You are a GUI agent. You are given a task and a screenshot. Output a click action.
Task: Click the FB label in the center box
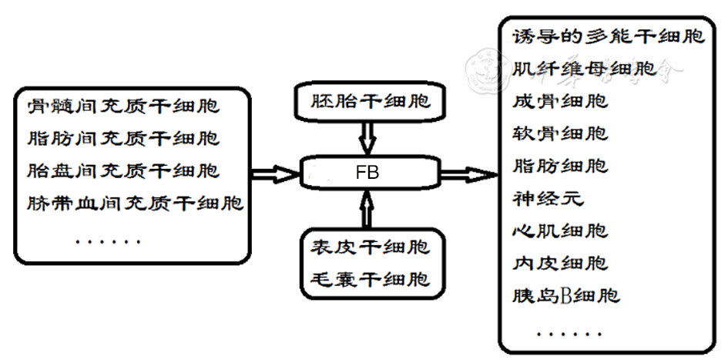coord(367,173)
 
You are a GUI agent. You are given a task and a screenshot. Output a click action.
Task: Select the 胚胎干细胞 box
coord(368,101)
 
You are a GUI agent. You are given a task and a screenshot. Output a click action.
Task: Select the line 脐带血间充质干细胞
coord(136,204)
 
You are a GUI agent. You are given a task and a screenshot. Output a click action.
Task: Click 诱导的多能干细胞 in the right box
coord(609,36)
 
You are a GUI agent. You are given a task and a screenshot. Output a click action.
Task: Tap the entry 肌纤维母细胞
coord(585,69)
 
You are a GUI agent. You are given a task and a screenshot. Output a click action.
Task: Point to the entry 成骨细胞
coord(560,101)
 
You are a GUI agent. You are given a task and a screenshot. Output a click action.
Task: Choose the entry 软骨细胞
coord(560,133)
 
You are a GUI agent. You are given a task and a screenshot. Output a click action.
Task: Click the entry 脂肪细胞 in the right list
coord(560,166)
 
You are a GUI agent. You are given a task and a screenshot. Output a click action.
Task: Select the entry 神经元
coord(548,198)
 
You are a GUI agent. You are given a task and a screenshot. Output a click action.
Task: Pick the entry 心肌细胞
coord(560,230)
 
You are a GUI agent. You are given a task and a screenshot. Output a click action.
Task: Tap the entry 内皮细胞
coord(560,263)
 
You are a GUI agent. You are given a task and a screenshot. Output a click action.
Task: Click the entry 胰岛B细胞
coord(566,295)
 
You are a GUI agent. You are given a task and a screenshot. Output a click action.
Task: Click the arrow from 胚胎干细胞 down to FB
coord(367,140)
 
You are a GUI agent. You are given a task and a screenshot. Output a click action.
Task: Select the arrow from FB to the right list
coord(468,175)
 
